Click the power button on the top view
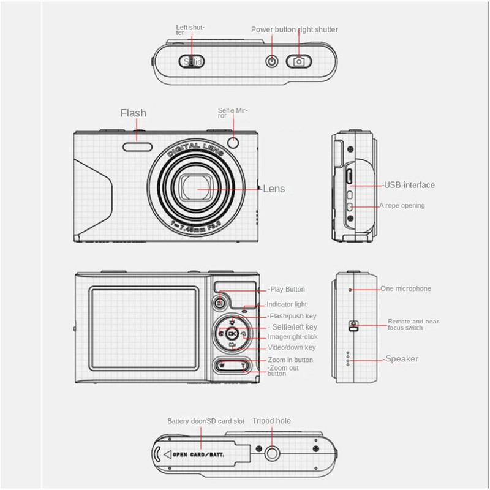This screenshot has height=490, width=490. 271,61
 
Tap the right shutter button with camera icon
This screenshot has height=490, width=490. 298,61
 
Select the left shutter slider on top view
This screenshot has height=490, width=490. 192,61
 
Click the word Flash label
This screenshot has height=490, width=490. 133,113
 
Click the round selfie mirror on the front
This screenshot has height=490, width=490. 233,142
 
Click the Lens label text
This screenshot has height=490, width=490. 274,189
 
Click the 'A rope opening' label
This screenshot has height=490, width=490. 402,206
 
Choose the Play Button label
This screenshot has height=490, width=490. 287,289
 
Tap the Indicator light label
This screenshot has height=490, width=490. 286,304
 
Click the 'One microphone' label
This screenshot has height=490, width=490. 405,288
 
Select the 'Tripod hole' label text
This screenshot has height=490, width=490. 271,421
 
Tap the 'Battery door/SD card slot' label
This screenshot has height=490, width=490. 206,421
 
